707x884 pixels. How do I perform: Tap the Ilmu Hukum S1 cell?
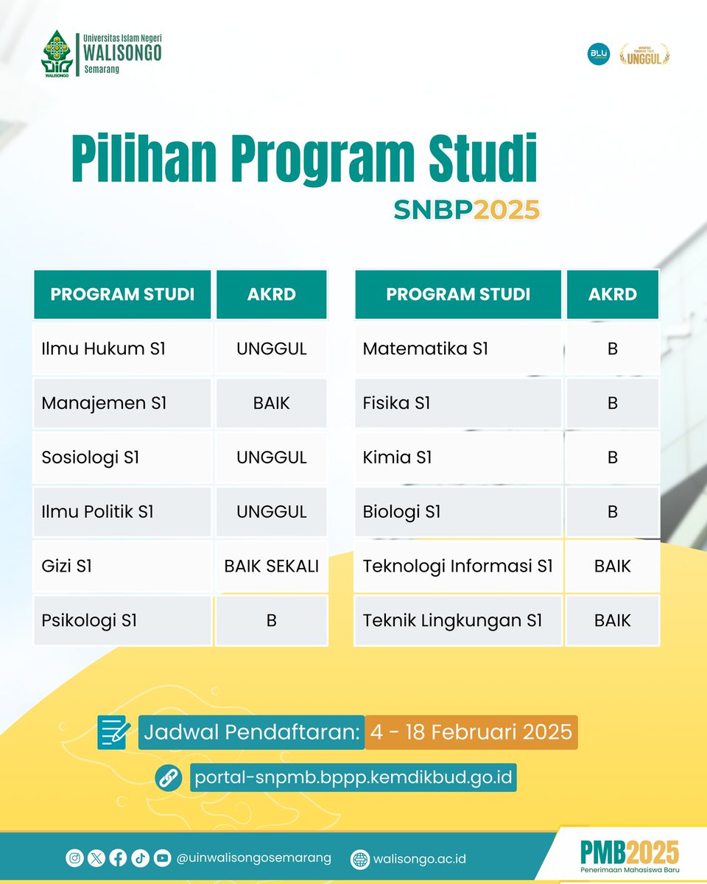click(122, 348)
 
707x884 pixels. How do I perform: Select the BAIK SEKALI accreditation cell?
click(271, 566)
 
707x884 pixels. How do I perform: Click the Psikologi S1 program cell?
click(122, 621)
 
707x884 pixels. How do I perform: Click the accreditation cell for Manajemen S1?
click(271, 403)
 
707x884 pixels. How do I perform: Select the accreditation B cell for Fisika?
click(612, 403)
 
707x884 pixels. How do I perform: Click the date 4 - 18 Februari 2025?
click(471, 732)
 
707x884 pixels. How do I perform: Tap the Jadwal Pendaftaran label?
click(251, 732)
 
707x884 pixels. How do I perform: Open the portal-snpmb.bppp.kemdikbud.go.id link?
click(353, 776)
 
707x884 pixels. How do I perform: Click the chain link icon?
click(167, 777)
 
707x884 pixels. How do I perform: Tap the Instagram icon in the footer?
click(74, 857)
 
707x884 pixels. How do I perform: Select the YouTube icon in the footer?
click(163, 857)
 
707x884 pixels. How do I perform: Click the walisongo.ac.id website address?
click(419, 859)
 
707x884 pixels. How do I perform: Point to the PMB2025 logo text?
click(629, 852)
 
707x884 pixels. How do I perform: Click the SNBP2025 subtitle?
click(466, 210)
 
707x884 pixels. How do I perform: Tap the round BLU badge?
click(598, 55)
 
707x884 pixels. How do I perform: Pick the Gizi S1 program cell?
click(122, 566)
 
